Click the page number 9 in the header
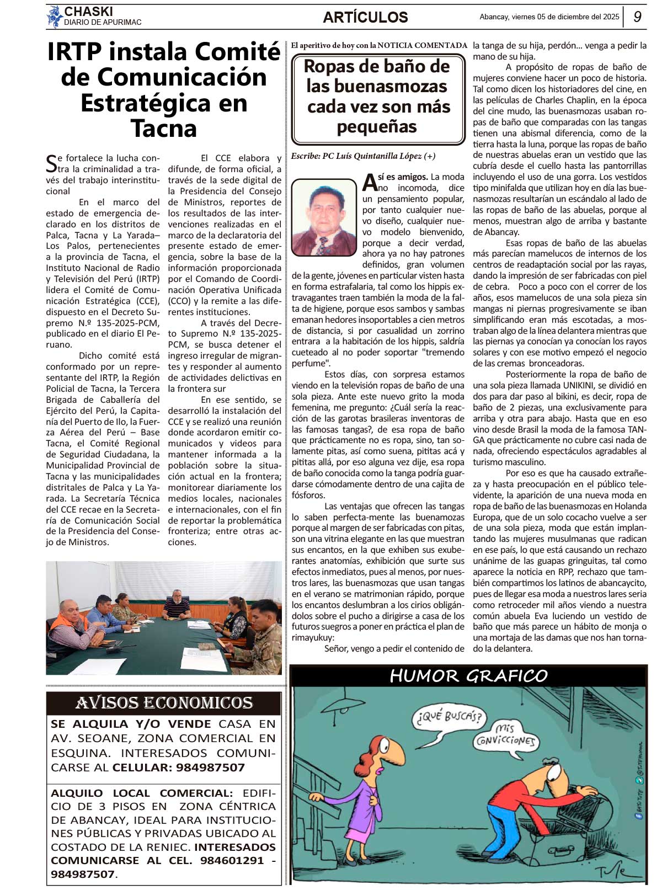[x=637, y=17]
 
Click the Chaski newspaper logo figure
[x=54, y=17]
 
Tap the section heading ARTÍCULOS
[x=365, y=18]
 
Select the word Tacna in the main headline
[x=164, y=129]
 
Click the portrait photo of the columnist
[x=324, y=217]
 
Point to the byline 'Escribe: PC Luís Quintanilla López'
[x=363, y=156]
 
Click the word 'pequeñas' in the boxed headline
[x=377, y=127]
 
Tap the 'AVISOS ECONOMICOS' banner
[x=164, y=703]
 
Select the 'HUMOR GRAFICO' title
[x=468, y=675]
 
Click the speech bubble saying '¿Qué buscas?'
[x=449, y=717]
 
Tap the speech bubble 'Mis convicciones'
[x=505, y=736]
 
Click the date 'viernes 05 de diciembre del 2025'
[x=565, y=17]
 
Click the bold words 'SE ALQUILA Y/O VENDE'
[x=131, y=724]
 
